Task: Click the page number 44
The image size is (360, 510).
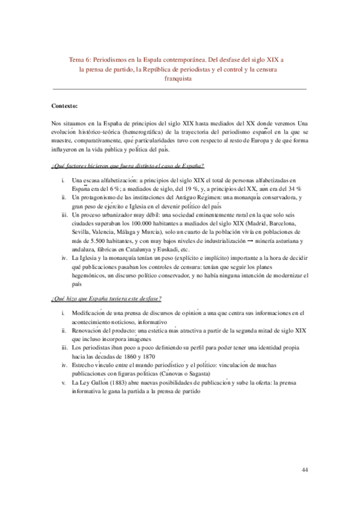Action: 304,470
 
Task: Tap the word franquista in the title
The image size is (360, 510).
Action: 180,79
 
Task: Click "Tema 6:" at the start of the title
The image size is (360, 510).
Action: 81,60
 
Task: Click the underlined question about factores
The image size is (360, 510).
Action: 127,165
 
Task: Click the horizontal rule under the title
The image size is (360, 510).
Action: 180,90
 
